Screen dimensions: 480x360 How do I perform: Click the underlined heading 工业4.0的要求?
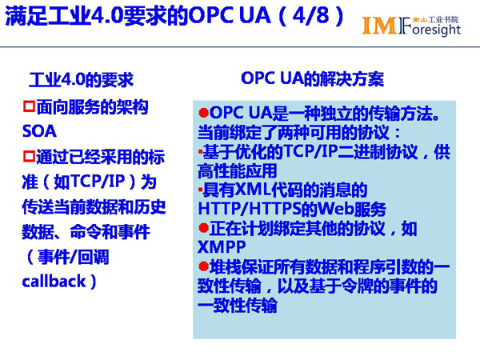point(81,79)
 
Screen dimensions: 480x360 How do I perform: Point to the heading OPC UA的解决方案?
point(312,78)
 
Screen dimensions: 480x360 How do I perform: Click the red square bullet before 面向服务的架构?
point(29,106)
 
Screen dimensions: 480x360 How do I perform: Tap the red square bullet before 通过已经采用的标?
point(29,156)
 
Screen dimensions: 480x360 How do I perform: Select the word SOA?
point(39,131)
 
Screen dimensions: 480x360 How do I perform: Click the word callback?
point(54,281)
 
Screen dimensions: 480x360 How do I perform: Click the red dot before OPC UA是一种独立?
point(203,113)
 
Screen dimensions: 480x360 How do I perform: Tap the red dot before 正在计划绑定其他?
point(203,228)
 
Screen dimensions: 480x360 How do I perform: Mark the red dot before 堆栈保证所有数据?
point(203,266)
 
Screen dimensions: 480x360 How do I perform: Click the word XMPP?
point(222,247)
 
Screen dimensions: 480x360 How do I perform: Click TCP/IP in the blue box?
point(310,151)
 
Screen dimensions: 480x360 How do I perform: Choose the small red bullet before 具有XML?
point(201,190)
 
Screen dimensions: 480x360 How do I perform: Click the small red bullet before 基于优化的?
point(201,151)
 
